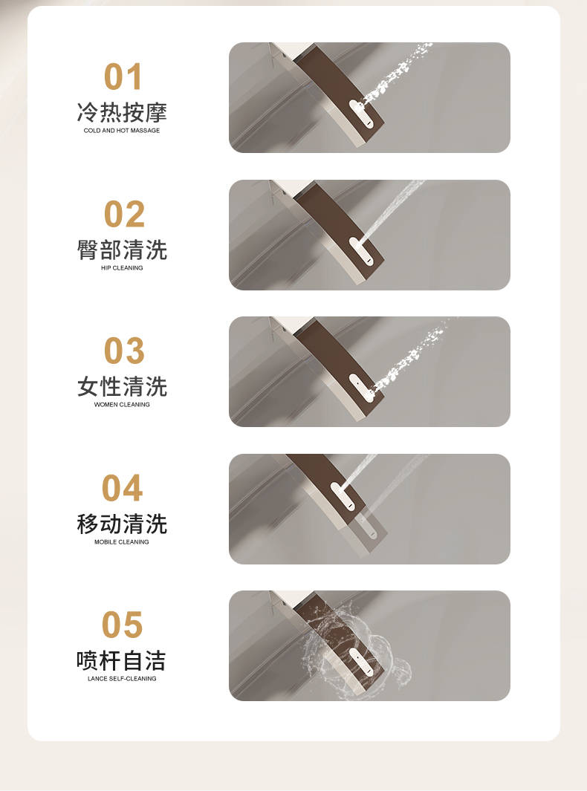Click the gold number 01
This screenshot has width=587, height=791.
(x=123, y=77)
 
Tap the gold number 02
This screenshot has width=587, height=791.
(x=124, y=214)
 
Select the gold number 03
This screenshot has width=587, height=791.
(x=124, y=351)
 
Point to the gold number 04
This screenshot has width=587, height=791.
(x=122, y=488)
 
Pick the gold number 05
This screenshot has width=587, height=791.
(x=122, y=625)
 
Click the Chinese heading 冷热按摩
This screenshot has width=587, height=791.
(x=122, y=112)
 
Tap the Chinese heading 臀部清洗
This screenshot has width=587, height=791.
(x=122, y=250)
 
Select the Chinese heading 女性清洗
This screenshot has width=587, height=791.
(x=122, y=387)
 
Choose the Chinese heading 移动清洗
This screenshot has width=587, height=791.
(x=122, y=524)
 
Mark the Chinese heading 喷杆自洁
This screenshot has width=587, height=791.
(x=121, y=660)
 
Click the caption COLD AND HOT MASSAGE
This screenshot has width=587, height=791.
(x=122, y=130)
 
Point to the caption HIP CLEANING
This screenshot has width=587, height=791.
(x=122, y=268)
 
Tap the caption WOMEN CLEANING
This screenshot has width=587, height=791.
(x=122, y=405)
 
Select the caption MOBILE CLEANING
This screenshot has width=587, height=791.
(x=122, y=541)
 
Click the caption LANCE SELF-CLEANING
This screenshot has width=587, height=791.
(x=122, y=679)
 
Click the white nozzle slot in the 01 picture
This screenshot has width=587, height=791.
(x=361, y=114)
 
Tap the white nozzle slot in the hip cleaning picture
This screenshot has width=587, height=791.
(x=361, y=251)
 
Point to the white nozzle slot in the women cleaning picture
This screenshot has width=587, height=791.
(x=361, y=388)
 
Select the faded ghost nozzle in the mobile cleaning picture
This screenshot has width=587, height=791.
(x=368, y=527)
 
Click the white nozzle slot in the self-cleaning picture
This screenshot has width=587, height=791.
(x=361, y=663)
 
